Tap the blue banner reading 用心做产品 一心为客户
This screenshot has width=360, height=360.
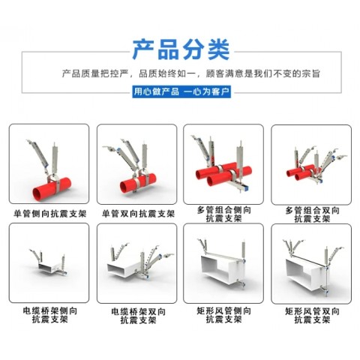pos(181,91)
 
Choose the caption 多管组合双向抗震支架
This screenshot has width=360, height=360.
pos(310,214)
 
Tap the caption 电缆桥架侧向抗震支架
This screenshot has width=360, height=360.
pos(49,314)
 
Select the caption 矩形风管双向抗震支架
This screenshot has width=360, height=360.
pos(310,314)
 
